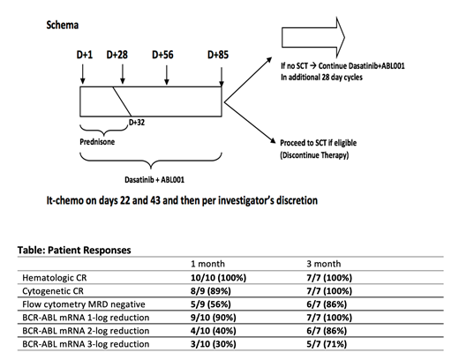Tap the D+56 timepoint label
(x=163, y=55)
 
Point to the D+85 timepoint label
(x=219, y=55)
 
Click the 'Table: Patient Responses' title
(x=71, y=250)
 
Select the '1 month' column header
(x=208, y=264)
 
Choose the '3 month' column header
(x=324, y=264)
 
